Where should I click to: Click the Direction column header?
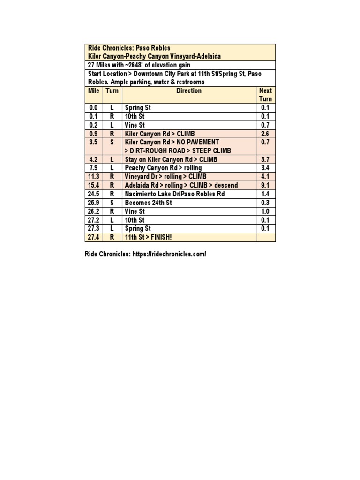point(189,91)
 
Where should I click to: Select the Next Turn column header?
point(265,95)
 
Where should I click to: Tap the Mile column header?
point(94,91)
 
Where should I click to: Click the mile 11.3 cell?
point(94,177)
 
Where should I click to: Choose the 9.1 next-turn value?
point(265,185)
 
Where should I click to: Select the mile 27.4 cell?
point(94,237)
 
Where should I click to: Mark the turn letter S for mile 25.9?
point(112,202)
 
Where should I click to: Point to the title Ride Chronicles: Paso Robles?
point(129,48)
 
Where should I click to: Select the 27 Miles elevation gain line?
point(139,65)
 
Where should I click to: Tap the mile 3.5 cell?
point(94,142)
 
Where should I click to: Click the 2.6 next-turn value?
point(265,134)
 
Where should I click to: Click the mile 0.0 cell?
point(94,108)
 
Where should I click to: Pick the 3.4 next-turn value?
point(265,168)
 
